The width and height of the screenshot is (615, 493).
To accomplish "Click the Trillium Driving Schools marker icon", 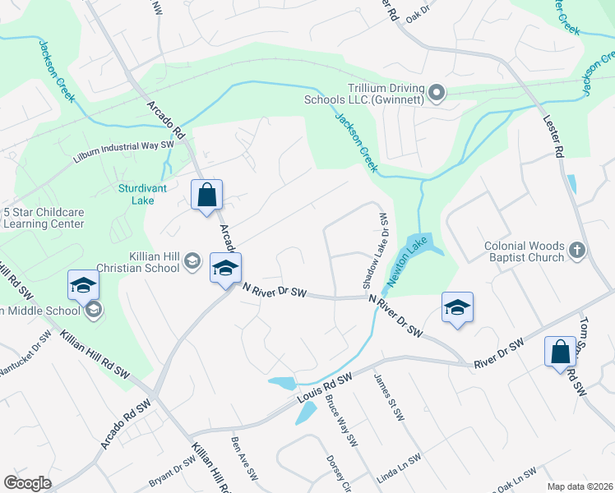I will (437, 93).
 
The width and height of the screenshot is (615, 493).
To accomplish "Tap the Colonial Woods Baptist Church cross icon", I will (578, 250).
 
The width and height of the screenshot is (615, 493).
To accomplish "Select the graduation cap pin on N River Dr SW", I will (225, 269).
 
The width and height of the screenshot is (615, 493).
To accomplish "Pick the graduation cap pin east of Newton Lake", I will (457, 307).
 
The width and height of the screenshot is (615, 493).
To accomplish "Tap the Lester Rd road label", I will (553, 135).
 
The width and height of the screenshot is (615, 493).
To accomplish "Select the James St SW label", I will (389, 398).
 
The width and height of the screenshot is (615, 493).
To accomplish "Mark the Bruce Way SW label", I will (341, 422).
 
